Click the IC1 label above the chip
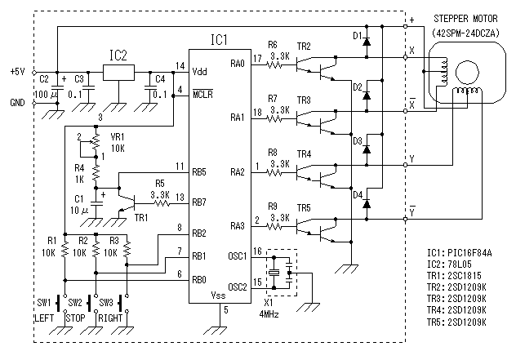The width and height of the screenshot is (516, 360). [x=220, y=39]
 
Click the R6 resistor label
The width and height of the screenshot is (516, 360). [x=273, y=45]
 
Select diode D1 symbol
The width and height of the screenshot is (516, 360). [x=367, y=38]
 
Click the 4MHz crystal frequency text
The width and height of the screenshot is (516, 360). [x=272, y=313]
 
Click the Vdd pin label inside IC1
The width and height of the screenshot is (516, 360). [x=200, y=71]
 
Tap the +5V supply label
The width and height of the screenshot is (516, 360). [x=17, y=72]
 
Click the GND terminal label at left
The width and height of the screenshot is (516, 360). [x=17, y=102]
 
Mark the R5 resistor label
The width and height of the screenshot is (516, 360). [x=160, y=184]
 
